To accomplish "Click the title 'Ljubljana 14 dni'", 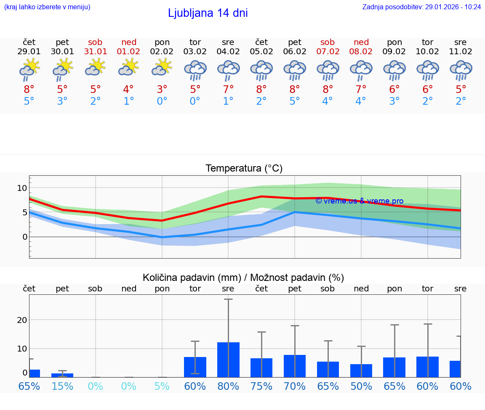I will pyautogui.click(x=208, y=13).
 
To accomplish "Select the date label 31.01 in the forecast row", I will pyautogui.click(x=96, y=52).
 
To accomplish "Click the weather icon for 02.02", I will pyautogui.click(x=162, y=67).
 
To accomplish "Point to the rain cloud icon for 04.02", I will pyautogui.click(x=228, y=70).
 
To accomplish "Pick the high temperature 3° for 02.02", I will pyautogui.click(x=162, y=89).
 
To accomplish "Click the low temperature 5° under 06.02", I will pyautogui.click(x=295, y=101).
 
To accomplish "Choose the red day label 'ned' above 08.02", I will pyautogui.click(x=361, y=42).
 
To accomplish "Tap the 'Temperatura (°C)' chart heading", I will pyautogui.click(x=244, y=169).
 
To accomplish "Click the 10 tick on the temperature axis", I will pyautogui.click(x=22, y=188).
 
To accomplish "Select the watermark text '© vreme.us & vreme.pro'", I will pyautogui.click(x=359, y=201).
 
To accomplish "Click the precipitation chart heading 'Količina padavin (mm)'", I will pyautogui.click(x=192, y=278).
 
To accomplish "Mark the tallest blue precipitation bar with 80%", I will pyautogui.click(x=228, y=360).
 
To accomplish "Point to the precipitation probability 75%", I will pyautogui.click(x=261, y=386).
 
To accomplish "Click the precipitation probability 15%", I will pyautogui.click(x=62, y=386).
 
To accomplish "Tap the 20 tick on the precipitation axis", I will pyautogui.click(x=22, y=320).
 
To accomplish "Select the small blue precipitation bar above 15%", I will pyautogui.click(x=62, y=375).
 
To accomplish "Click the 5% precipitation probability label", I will pyautogui.click(x=162, y=386).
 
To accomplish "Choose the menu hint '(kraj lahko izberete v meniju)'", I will pyautogui.click(x=47, y=7).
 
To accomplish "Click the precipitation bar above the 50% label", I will pyautogui.click(x=361, y=370).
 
